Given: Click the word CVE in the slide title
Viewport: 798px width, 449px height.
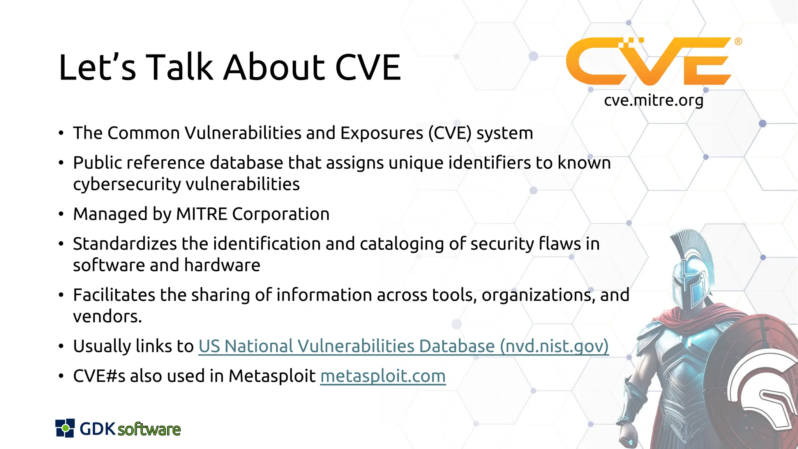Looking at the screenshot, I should [x=368, y=67].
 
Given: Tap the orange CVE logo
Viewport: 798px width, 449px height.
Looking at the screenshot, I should [x=649, y=61].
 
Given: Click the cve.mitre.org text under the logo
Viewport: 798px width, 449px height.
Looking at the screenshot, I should [x=653, y=101].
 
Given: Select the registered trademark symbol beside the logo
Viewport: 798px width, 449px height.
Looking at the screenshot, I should [x=738, y=42].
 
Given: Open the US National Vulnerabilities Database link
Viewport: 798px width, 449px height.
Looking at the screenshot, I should [x=403, y=346].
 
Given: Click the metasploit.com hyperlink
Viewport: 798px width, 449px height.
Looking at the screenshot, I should [x=383, y=376].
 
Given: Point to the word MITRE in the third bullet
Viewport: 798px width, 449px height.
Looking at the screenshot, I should [x=201, y=214].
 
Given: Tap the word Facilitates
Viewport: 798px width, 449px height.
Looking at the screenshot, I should [x=114, y=295].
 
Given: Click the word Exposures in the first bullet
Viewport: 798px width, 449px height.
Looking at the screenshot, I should [x=381, y=133].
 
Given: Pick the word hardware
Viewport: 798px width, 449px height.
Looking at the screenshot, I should [x=222, y=265].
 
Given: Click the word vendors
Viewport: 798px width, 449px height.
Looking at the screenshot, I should [x=107, y=316].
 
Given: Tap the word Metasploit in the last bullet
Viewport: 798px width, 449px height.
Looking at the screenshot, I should [x=272, y=376].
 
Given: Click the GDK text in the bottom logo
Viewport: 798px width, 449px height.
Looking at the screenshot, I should [x=97, y=429].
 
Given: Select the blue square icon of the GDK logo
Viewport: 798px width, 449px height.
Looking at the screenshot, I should [x=65, y=428].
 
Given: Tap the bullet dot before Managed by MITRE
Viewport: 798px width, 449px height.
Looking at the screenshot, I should [x=61, y=214].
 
